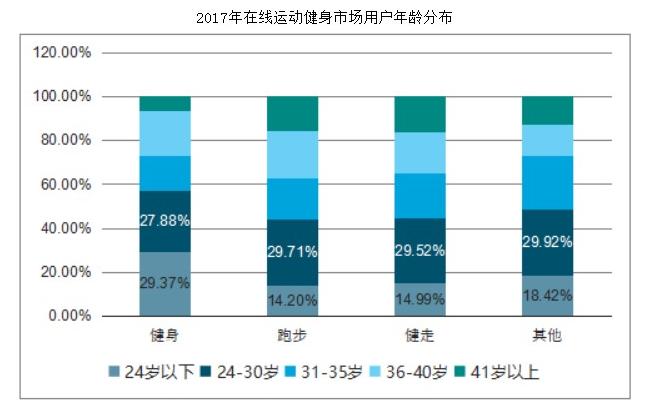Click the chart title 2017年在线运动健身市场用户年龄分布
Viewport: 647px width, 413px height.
(x=323, y=18)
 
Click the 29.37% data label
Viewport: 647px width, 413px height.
(x=164, y=283)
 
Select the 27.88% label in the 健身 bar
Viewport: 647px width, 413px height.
(x=164, y=220)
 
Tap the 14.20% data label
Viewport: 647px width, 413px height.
(x=292, y=299)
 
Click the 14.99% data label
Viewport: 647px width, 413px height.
(x=420, y=298)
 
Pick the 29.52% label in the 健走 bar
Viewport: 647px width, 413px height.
(x=420, y=250)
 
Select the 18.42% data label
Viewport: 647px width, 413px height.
(x=547, y=295)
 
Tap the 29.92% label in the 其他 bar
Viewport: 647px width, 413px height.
(x=547, y=241)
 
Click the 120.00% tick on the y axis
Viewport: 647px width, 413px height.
(x=62, y=52)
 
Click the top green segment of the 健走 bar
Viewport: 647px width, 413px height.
(x=420, y=114)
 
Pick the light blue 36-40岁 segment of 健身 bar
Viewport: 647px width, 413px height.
(x=164, y=133)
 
